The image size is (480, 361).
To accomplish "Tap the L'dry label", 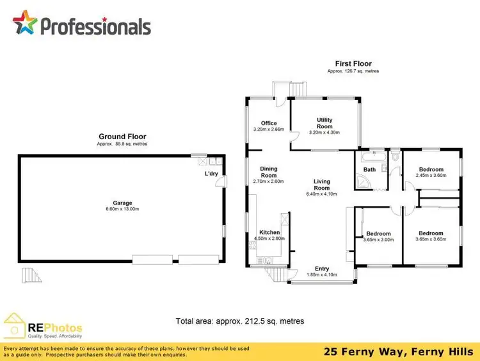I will (211, 174).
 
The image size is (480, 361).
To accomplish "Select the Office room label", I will (268, 123).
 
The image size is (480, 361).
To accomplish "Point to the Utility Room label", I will (324, 123).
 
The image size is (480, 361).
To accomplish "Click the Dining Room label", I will (268, 172).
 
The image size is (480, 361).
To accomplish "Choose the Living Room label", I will (321, 185).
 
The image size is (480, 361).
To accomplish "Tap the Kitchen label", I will (269, 232).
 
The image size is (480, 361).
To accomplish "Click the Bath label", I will (370, 170).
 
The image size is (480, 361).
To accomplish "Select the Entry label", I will (322, 269).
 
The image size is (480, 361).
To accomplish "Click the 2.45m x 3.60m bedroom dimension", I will (431, 175).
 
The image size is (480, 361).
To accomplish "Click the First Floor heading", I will (353, 63).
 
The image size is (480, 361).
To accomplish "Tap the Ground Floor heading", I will (122, 137).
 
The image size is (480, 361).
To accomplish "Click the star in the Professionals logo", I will (26, 24).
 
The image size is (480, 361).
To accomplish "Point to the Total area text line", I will (239, 321).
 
